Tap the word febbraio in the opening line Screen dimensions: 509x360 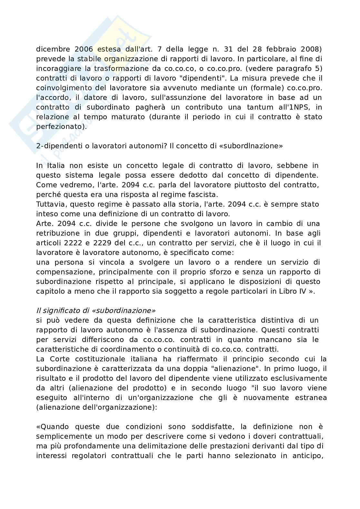point(280,49)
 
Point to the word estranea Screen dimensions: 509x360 point(311,397)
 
